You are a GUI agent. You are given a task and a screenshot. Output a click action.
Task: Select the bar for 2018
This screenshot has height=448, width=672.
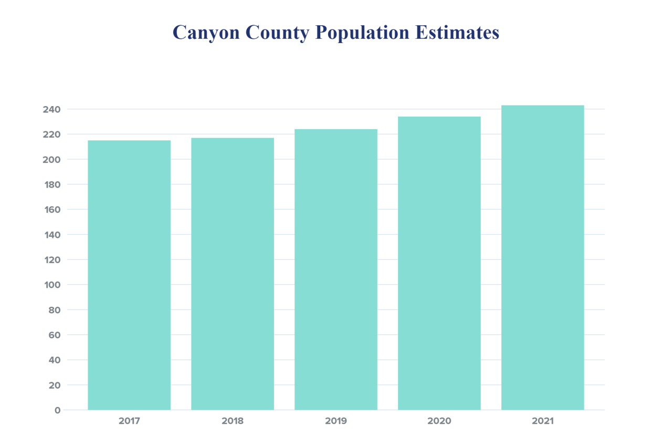pyautogui.click(x=232, y=274)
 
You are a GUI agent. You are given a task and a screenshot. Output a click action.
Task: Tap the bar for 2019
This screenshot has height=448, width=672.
pyautogui.click(x=336, y=269)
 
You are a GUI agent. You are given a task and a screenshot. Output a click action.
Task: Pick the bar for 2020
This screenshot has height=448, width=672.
pyautogui.click(x=439, y=263)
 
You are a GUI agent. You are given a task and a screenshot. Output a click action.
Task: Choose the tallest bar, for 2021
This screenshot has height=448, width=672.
pyautogui.click(x=543, y=257)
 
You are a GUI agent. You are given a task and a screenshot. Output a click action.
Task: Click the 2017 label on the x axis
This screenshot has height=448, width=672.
pyautogui.click(x=129, y=421)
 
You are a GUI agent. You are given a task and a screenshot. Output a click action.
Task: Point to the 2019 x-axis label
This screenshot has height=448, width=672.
pyautogui.click(x=336, y=421)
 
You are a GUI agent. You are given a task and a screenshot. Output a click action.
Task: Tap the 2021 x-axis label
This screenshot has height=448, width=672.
pyautogui.click(x=543, y=421)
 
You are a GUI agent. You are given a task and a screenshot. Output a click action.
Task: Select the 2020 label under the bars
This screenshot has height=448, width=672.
pyautogui.click(x=439, y=421)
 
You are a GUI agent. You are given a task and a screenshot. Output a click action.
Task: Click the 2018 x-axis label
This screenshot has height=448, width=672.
pyautogui.click(x=232, y=421)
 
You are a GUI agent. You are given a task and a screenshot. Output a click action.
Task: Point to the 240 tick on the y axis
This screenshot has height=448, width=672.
pyautogui.click(x=52, y=109)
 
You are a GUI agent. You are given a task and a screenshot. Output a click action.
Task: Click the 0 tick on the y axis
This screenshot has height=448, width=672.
pyautogui.click(x=57, y=410)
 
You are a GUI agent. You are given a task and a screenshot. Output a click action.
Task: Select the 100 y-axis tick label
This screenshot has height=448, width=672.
pyautogui.click(x=52, y=285)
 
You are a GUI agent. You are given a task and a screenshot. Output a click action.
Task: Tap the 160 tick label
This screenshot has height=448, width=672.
pyautogui.click(x=52, y=210)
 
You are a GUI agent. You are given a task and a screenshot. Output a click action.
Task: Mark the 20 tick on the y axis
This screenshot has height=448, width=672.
pyautogui.click(x=55, y=385)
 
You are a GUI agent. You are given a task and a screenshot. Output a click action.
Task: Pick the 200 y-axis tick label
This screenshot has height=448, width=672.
pyautogui.click(x=52, y=160)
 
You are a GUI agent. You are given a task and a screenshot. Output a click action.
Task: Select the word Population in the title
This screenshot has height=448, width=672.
pyautogui.click(x=362, y=33)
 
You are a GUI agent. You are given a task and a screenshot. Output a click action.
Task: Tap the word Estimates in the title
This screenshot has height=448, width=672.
pyautogui.click(x=457, y=33)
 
